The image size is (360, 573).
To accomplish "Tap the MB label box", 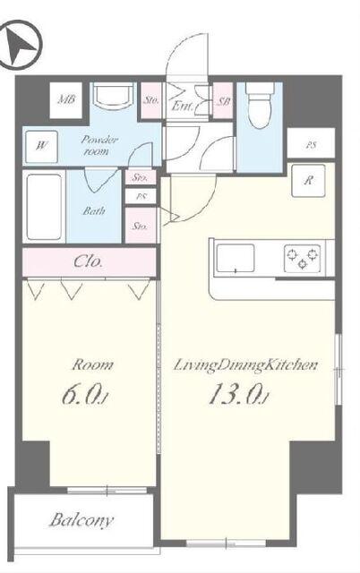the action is tap(65, 100).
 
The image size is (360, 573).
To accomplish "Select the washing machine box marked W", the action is tap(42, 147).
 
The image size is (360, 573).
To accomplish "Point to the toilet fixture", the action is tap(259, 106).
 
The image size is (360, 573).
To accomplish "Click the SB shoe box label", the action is tap(224, 101).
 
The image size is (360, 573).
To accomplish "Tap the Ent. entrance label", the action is tap(182, 107).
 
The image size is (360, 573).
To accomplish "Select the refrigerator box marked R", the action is tap(308, 181).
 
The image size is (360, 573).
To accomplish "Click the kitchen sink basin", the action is tap(236, 259).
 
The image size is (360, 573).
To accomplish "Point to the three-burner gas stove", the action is tap(303, 258).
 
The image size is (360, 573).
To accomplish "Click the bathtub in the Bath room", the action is tap(44, 207).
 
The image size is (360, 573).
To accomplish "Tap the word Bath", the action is tap(94, 211).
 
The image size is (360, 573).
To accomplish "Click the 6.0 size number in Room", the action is tap(84, 395).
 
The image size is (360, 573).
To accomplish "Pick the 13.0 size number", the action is tap(238, 395).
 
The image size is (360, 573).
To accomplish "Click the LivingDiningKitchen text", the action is tap(244, 365).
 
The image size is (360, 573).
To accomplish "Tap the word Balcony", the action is tap(81, 520).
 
